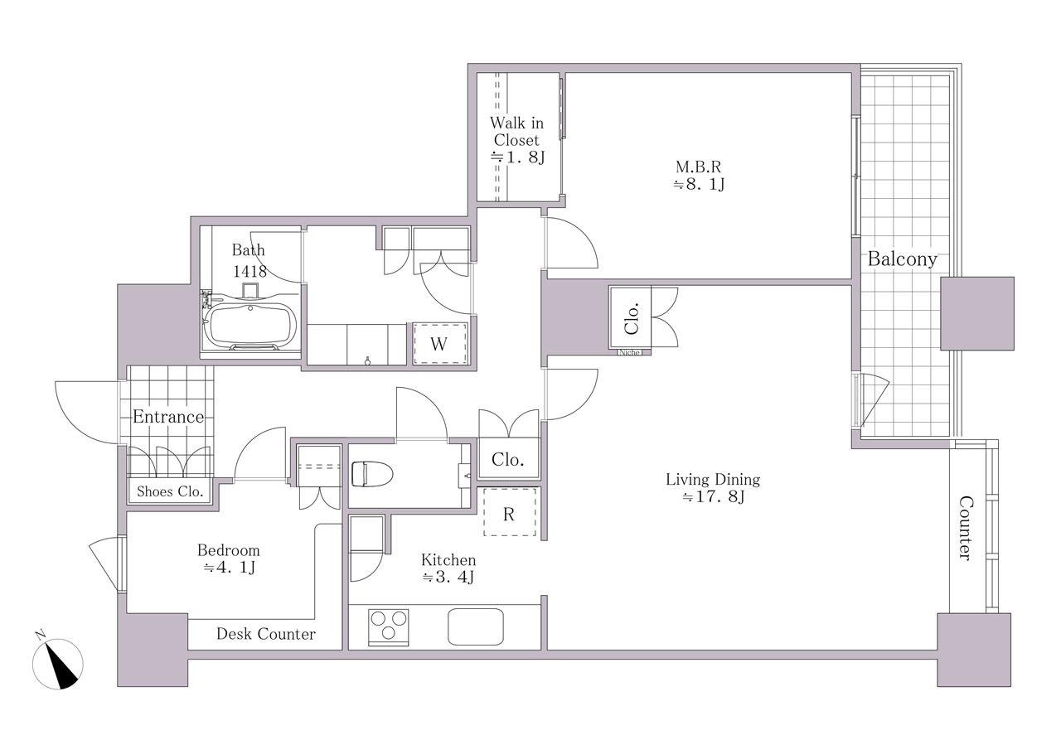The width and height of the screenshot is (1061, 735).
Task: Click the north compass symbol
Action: point(58,663)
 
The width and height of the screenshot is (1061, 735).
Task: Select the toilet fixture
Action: point(372,474)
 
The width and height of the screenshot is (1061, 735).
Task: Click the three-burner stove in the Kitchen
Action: point(389,627)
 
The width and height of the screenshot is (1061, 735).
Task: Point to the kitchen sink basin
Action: point(476,626)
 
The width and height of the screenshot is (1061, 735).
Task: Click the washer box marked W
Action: point(440,344)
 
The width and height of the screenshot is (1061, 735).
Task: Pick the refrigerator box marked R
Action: point(510,512)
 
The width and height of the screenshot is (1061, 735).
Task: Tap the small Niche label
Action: point(629,352)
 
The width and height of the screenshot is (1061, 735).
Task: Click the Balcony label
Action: point(903,259)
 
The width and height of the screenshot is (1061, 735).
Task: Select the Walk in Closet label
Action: point(516,140)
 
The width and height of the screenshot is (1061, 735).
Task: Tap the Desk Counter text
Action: point(266,634)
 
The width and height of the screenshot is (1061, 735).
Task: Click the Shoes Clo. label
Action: point(170,491)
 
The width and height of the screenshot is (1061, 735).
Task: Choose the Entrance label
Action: point(168,417)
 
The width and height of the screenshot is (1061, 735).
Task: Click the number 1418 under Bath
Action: point(250,271)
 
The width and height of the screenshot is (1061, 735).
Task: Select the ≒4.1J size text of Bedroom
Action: point(230,568)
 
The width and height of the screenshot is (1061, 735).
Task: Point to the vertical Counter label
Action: point(966,528)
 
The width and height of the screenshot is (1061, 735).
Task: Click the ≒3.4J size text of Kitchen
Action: point(448,578)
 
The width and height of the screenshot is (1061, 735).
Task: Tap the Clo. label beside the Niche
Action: point(632,318)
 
